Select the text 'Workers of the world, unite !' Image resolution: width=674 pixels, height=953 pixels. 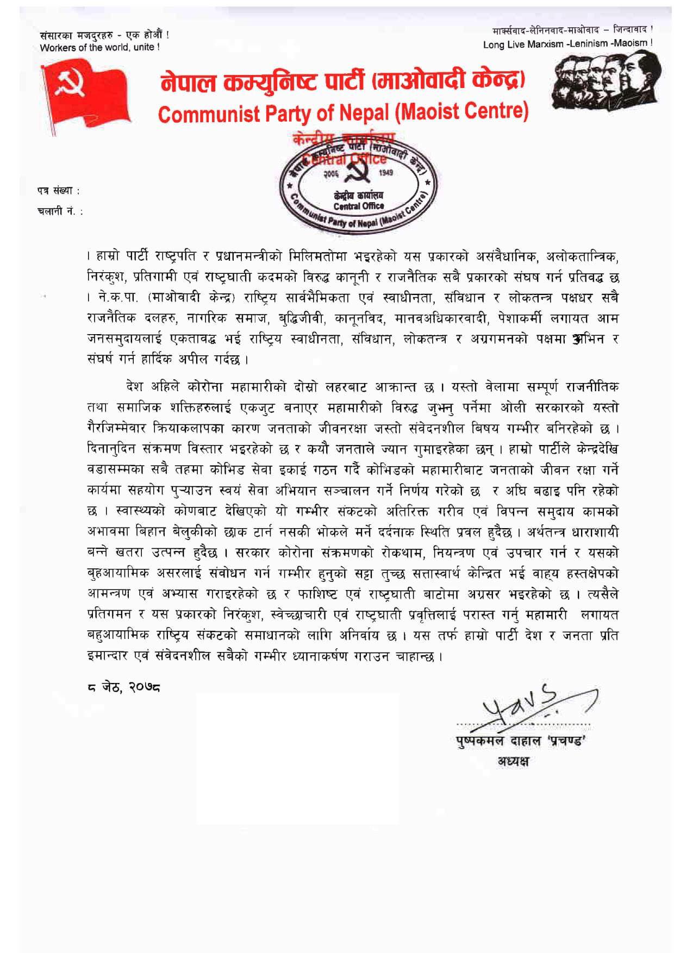coord(99,47)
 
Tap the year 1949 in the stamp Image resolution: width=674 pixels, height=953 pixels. coord(386,172)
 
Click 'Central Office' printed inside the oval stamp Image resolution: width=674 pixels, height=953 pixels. coord(359,205)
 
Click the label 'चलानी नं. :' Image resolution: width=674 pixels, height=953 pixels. coord(60,211)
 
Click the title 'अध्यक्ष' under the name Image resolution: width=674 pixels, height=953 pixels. coord(513,761)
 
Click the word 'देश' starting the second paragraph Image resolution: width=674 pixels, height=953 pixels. coord(134,387)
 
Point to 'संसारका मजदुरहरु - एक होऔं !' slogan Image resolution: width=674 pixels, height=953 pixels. coord(104,35)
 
